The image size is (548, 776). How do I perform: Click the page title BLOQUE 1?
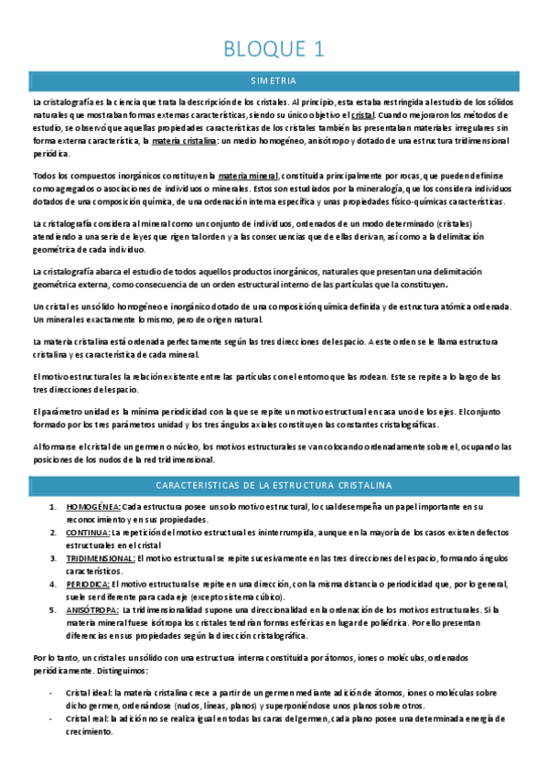[x=274, y=49]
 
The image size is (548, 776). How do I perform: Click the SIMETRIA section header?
[x=274, y=81]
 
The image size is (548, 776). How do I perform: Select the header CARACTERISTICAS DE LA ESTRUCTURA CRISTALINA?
[x=274, y=483]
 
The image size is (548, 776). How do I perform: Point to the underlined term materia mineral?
[x=248, y=175]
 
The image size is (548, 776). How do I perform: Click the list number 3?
[x=51, y=557]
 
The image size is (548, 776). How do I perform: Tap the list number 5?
[x=51, y=609]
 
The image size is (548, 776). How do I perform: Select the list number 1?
[x=51, y=506]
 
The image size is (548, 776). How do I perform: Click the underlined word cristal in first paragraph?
[x=363, y=116]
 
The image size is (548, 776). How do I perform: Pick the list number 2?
[x=51, y=532]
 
